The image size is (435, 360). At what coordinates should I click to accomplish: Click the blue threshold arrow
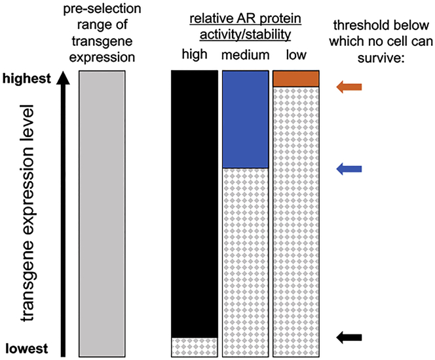[x=348, y=169]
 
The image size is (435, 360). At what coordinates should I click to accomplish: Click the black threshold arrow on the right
[x=348, y=337]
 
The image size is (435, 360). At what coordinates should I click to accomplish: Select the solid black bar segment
[x=194, y=203]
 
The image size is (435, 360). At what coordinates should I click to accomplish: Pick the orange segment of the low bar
[x=295, y=79]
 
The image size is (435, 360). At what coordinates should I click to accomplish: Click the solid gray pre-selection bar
[x=102, y=213]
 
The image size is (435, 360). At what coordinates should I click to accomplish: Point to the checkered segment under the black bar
[x=194, y=346]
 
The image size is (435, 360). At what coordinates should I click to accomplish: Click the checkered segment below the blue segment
[x=245, y=262]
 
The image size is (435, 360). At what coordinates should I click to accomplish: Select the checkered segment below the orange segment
[x=295, y=223]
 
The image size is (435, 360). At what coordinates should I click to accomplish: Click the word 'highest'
[x=27, y=79]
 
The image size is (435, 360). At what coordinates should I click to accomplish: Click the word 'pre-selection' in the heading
[x=101, y=11]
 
